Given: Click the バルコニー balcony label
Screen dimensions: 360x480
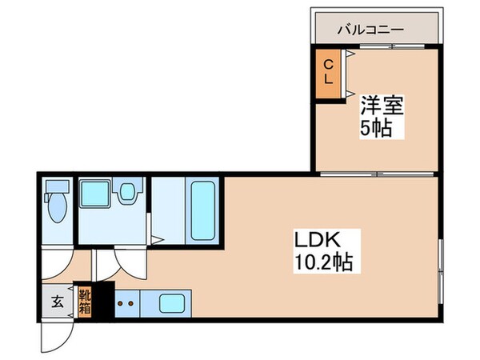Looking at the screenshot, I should (370, 30).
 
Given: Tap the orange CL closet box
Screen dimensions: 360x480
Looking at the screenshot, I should (328, 74).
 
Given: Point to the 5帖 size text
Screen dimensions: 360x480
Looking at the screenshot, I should (375, 128).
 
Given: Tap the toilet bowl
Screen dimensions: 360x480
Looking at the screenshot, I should (57, 210).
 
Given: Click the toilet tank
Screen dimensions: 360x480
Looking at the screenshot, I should (56, 189).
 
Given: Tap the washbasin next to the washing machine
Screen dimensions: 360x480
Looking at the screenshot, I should (126, 194).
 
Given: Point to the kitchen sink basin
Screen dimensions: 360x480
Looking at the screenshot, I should (173, 303).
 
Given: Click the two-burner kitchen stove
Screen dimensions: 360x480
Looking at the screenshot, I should (126, 303).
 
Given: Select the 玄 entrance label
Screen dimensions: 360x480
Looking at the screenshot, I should (58, 302).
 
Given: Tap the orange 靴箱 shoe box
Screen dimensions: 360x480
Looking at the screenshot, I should (84, 300).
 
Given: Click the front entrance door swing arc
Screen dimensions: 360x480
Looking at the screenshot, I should (54, 334).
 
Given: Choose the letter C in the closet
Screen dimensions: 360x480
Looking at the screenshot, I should (328, 64).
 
